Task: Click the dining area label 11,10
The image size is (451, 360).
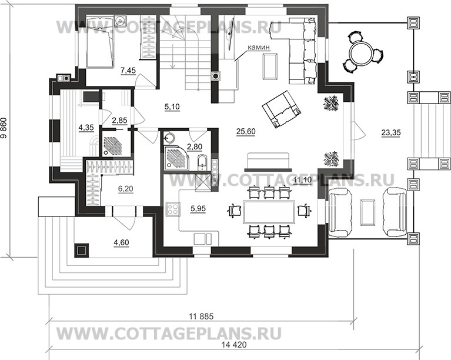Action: click(302, 179)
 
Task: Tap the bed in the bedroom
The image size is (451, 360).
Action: click(99, 41)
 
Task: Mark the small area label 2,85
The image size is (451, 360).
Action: click(120, 121)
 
